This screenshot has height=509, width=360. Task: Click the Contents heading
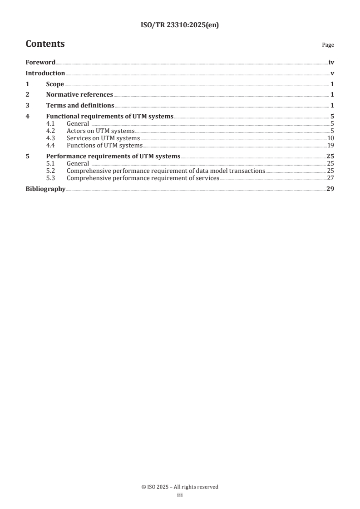point(45,44)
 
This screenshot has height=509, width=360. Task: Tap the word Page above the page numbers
point(328,45)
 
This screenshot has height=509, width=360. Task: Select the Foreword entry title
point(40,63)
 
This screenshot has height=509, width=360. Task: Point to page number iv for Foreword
point(331,63)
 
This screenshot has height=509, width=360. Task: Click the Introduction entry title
point(45,73)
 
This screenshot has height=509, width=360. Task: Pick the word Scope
point(55,84)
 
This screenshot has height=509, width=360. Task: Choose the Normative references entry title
point(79,95)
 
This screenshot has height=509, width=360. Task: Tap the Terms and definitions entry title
point(80,105)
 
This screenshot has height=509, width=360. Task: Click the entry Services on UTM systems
point(103,138)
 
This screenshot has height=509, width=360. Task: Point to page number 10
point(331,138)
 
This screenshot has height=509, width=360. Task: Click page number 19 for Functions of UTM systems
point(331,145)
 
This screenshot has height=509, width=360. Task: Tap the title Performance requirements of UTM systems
point(113,156)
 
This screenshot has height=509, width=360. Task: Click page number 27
point(331,178)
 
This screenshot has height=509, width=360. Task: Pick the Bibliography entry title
point(45,189)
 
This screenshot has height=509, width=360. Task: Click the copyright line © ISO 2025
point(180,487)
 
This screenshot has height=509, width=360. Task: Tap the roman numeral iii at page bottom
point(180,495)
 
